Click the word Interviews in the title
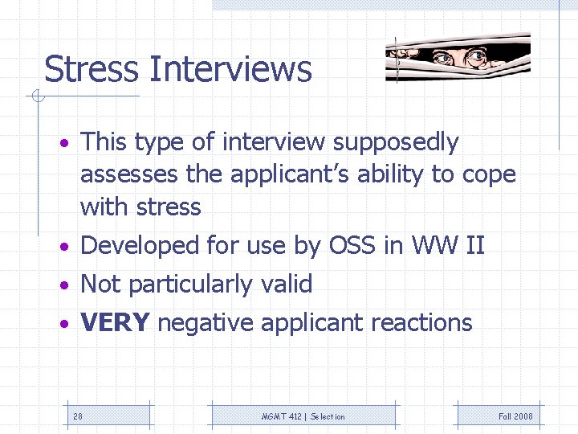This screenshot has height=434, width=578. [x=230, y=69]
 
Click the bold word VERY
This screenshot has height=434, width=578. [x=115, y=323]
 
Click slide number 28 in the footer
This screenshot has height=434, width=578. [x=78, y=416]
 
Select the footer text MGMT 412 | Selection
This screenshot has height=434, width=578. [x=303, y=416]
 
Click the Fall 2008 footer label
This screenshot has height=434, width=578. [x=515, y=416]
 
